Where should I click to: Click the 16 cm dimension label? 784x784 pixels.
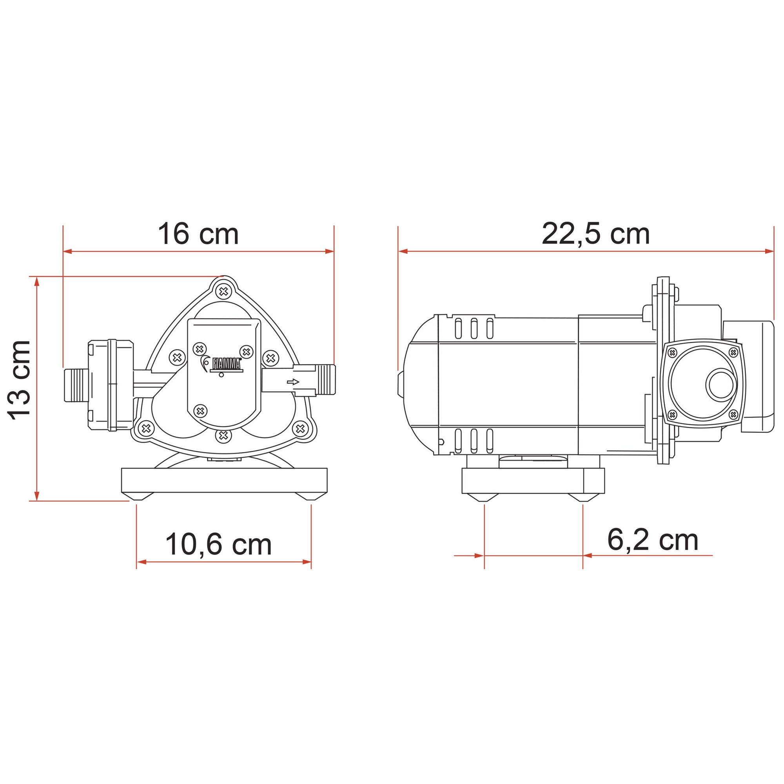(198, 234)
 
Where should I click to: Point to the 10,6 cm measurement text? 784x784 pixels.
(218, 544)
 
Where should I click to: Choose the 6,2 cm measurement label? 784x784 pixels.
(653, 540)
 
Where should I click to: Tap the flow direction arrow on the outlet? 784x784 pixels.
(293, 382)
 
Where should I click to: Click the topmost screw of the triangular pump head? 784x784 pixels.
(223, 291)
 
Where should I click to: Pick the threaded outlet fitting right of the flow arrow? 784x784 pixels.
(326, 380)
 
